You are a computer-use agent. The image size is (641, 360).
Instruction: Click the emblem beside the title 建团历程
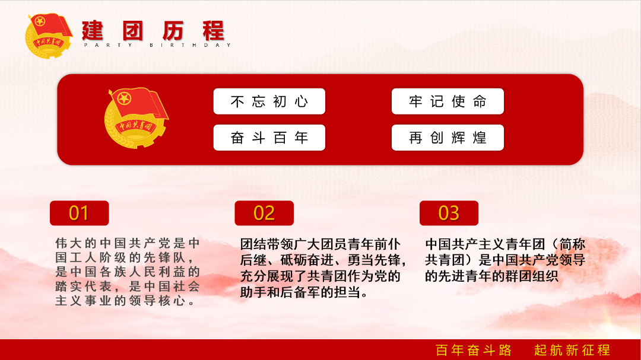49,36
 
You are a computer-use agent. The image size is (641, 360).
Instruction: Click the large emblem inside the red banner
136,117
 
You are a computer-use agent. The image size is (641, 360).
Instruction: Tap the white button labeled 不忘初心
269,101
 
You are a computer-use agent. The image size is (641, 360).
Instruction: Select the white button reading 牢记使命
448,101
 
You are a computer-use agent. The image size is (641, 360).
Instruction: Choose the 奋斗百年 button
269,138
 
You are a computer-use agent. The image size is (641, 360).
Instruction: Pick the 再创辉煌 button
448,138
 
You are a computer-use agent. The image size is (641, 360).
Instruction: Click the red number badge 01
80,213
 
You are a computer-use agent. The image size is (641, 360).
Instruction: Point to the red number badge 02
264,213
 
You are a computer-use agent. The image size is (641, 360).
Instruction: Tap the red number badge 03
449,213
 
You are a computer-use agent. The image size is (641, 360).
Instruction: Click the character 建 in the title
93,31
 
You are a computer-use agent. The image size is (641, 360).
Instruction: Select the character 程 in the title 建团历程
214,31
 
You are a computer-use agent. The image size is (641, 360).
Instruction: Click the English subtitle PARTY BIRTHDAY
158,45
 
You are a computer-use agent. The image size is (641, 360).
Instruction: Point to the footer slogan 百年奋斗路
474,350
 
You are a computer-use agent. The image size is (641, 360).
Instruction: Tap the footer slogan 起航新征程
572,350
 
